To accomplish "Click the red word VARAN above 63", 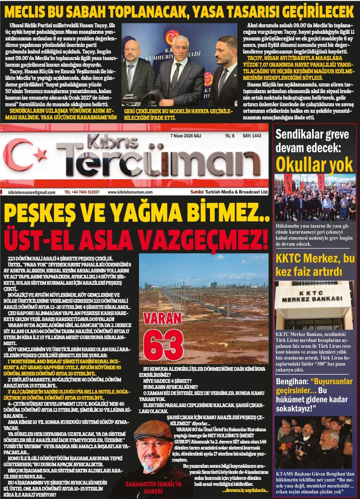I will pyautogui.click(x=162, y=319).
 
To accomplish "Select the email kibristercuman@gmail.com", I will pyautogui.click(x=32, y=192).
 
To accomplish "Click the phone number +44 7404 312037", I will pyautogui.click(x=82, y=192).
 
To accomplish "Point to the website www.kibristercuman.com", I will pyautogui.click(x=130, y=192).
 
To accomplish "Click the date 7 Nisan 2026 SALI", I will pyautogui.click(x=186, y=136).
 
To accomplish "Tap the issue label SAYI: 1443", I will pyautogui.click(x=252, y=136).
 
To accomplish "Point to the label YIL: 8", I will pyautogui.click(x=229, y=136).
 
